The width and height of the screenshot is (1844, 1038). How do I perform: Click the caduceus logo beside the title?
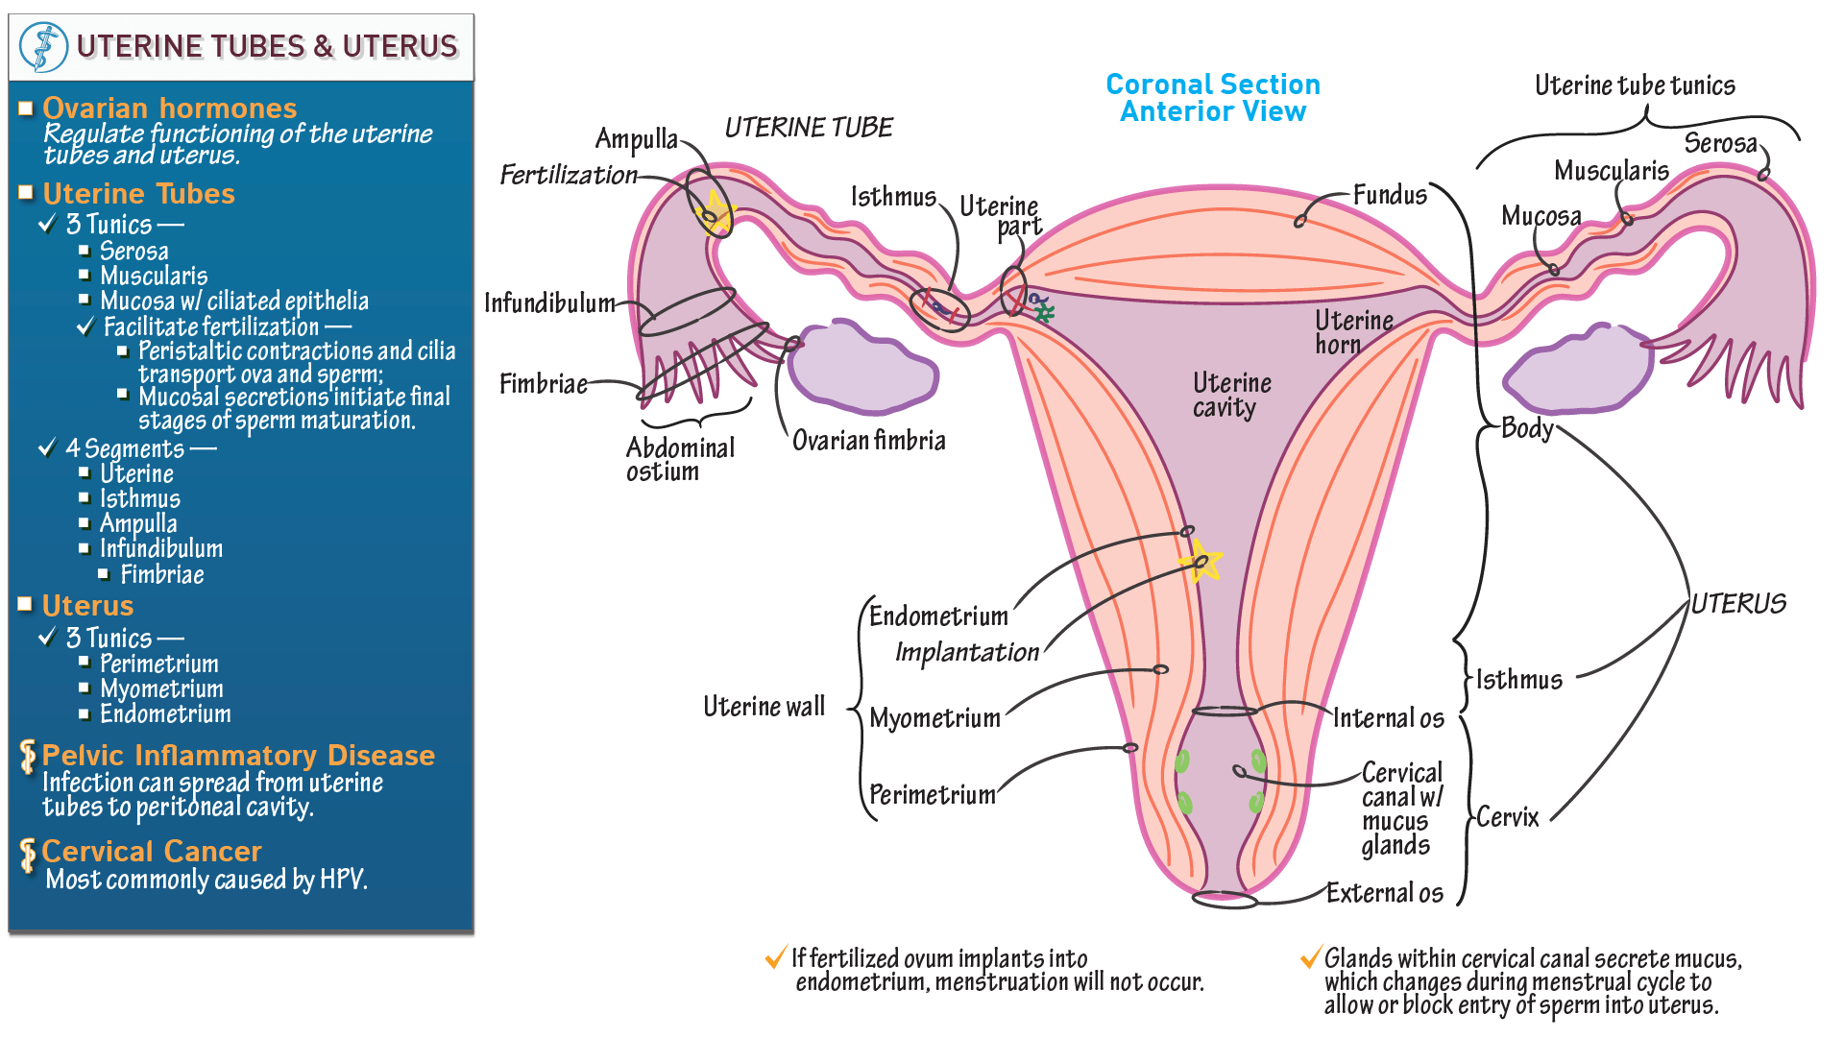pos(43,46)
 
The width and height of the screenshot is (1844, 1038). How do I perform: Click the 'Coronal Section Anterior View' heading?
pos(1212,98)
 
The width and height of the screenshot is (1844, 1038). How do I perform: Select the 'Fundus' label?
pos(1389,196)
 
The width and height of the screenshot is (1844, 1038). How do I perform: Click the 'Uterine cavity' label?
pos(1230,395)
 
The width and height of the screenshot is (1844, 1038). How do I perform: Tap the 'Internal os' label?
pos(1388,718)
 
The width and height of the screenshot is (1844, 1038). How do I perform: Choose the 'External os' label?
pos(1384,893)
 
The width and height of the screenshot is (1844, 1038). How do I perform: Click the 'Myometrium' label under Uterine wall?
pos(934,718)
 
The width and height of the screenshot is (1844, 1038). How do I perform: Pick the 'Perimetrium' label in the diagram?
pos(932,795)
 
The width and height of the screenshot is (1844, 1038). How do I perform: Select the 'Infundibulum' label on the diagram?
pos(548,303)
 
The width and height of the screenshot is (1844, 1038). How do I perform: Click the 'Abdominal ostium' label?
pos(679,459)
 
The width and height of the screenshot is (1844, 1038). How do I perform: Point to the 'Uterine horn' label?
pos(1352,331)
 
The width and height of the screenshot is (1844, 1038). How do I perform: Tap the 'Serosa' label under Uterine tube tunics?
pos(1719,144)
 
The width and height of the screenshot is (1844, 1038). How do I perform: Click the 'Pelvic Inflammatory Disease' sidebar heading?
pos(238,756)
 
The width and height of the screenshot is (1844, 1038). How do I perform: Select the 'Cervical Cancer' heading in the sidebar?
pos(152,852)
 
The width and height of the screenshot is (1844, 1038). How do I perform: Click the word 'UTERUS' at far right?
pos(1737,604)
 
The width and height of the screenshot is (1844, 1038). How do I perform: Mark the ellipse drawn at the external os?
pos(1225,900)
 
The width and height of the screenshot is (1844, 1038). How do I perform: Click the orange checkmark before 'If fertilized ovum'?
pos(775,958)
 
